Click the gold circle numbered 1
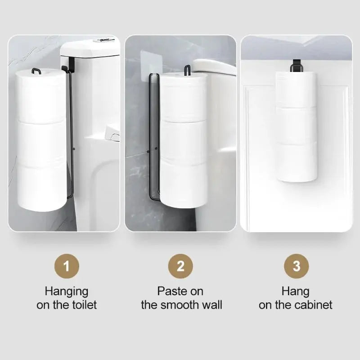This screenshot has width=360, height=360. (67, 266)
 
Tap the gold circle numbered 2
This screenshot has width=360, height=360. (180, 266)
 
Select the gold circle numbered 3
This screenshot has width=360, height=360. (296, 266)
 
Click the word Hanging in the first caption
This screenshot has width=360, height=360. (67, 291)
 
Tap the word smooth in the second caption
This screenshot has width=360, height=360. (182, 305)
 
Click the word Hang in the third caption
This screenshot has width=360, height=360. (296, 291)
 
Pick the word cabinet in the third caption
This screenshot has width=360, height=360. (314, 305)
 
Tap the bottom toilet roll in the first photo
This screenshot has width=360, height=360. (41, 187)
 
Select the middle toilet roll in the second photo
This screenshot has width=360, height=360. (184, 142)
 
